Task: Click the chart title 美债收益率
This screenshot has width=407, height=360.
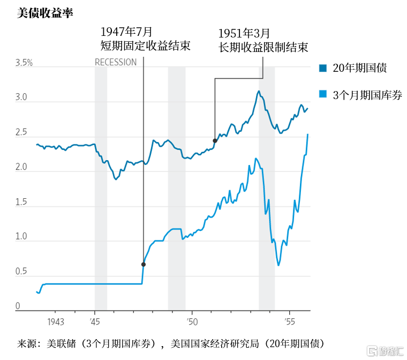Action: [x=45, y=13]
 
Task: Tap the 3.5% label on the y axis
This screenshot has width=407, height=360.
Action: [x=24, y=63]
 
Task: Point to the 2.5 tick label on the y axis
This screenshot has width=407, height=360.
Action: [x=21, y=132]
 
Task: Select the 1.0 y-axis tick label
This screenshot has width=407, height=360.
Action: [x=21, y=236]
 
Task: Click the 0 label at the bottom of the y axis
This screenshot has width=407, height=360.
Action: [x=18, y=306]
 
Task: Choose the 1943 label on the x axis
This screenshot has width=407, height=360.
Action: [x=56, y=322]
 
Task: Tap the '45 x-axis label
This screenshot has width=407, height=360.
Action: [x=95, y=322]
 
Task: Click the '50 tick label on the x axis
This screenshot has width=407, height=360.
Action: [x=192, y=322]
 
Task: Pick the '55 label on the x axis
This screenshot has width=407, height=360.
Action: [x=290, y=322]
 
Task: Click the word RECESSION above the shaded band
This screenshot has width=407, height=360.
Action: [x=116, y=62]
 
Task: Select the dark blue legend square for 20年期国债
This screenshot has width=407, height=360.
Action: [x=323, y=68]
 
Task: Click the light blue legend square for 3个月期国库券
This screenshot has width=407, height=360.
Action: [x=323, y=94]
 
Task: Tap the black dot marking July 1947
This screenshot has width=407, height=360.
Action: [x=144, y=265]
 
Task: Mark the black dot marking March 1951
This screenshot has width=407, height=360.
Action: [x=215, y=141]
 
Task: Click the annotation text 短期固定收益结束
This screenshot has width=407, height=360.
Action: [x=145, y=46]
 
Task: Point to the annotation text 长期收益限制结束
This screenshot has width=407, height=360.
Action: [x=263, y=47]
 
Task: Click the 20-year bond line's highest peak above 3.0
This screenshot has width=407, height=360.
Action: [x=259, y=91]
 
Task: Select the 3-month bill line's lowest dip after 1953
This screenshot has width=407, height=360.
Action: [x=278, y=265]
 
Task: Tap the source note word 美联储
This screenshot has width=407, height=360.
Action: [x=61, y=343]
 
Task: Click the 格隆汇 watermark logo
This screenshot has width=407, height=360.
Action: [x=385, y=351]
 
